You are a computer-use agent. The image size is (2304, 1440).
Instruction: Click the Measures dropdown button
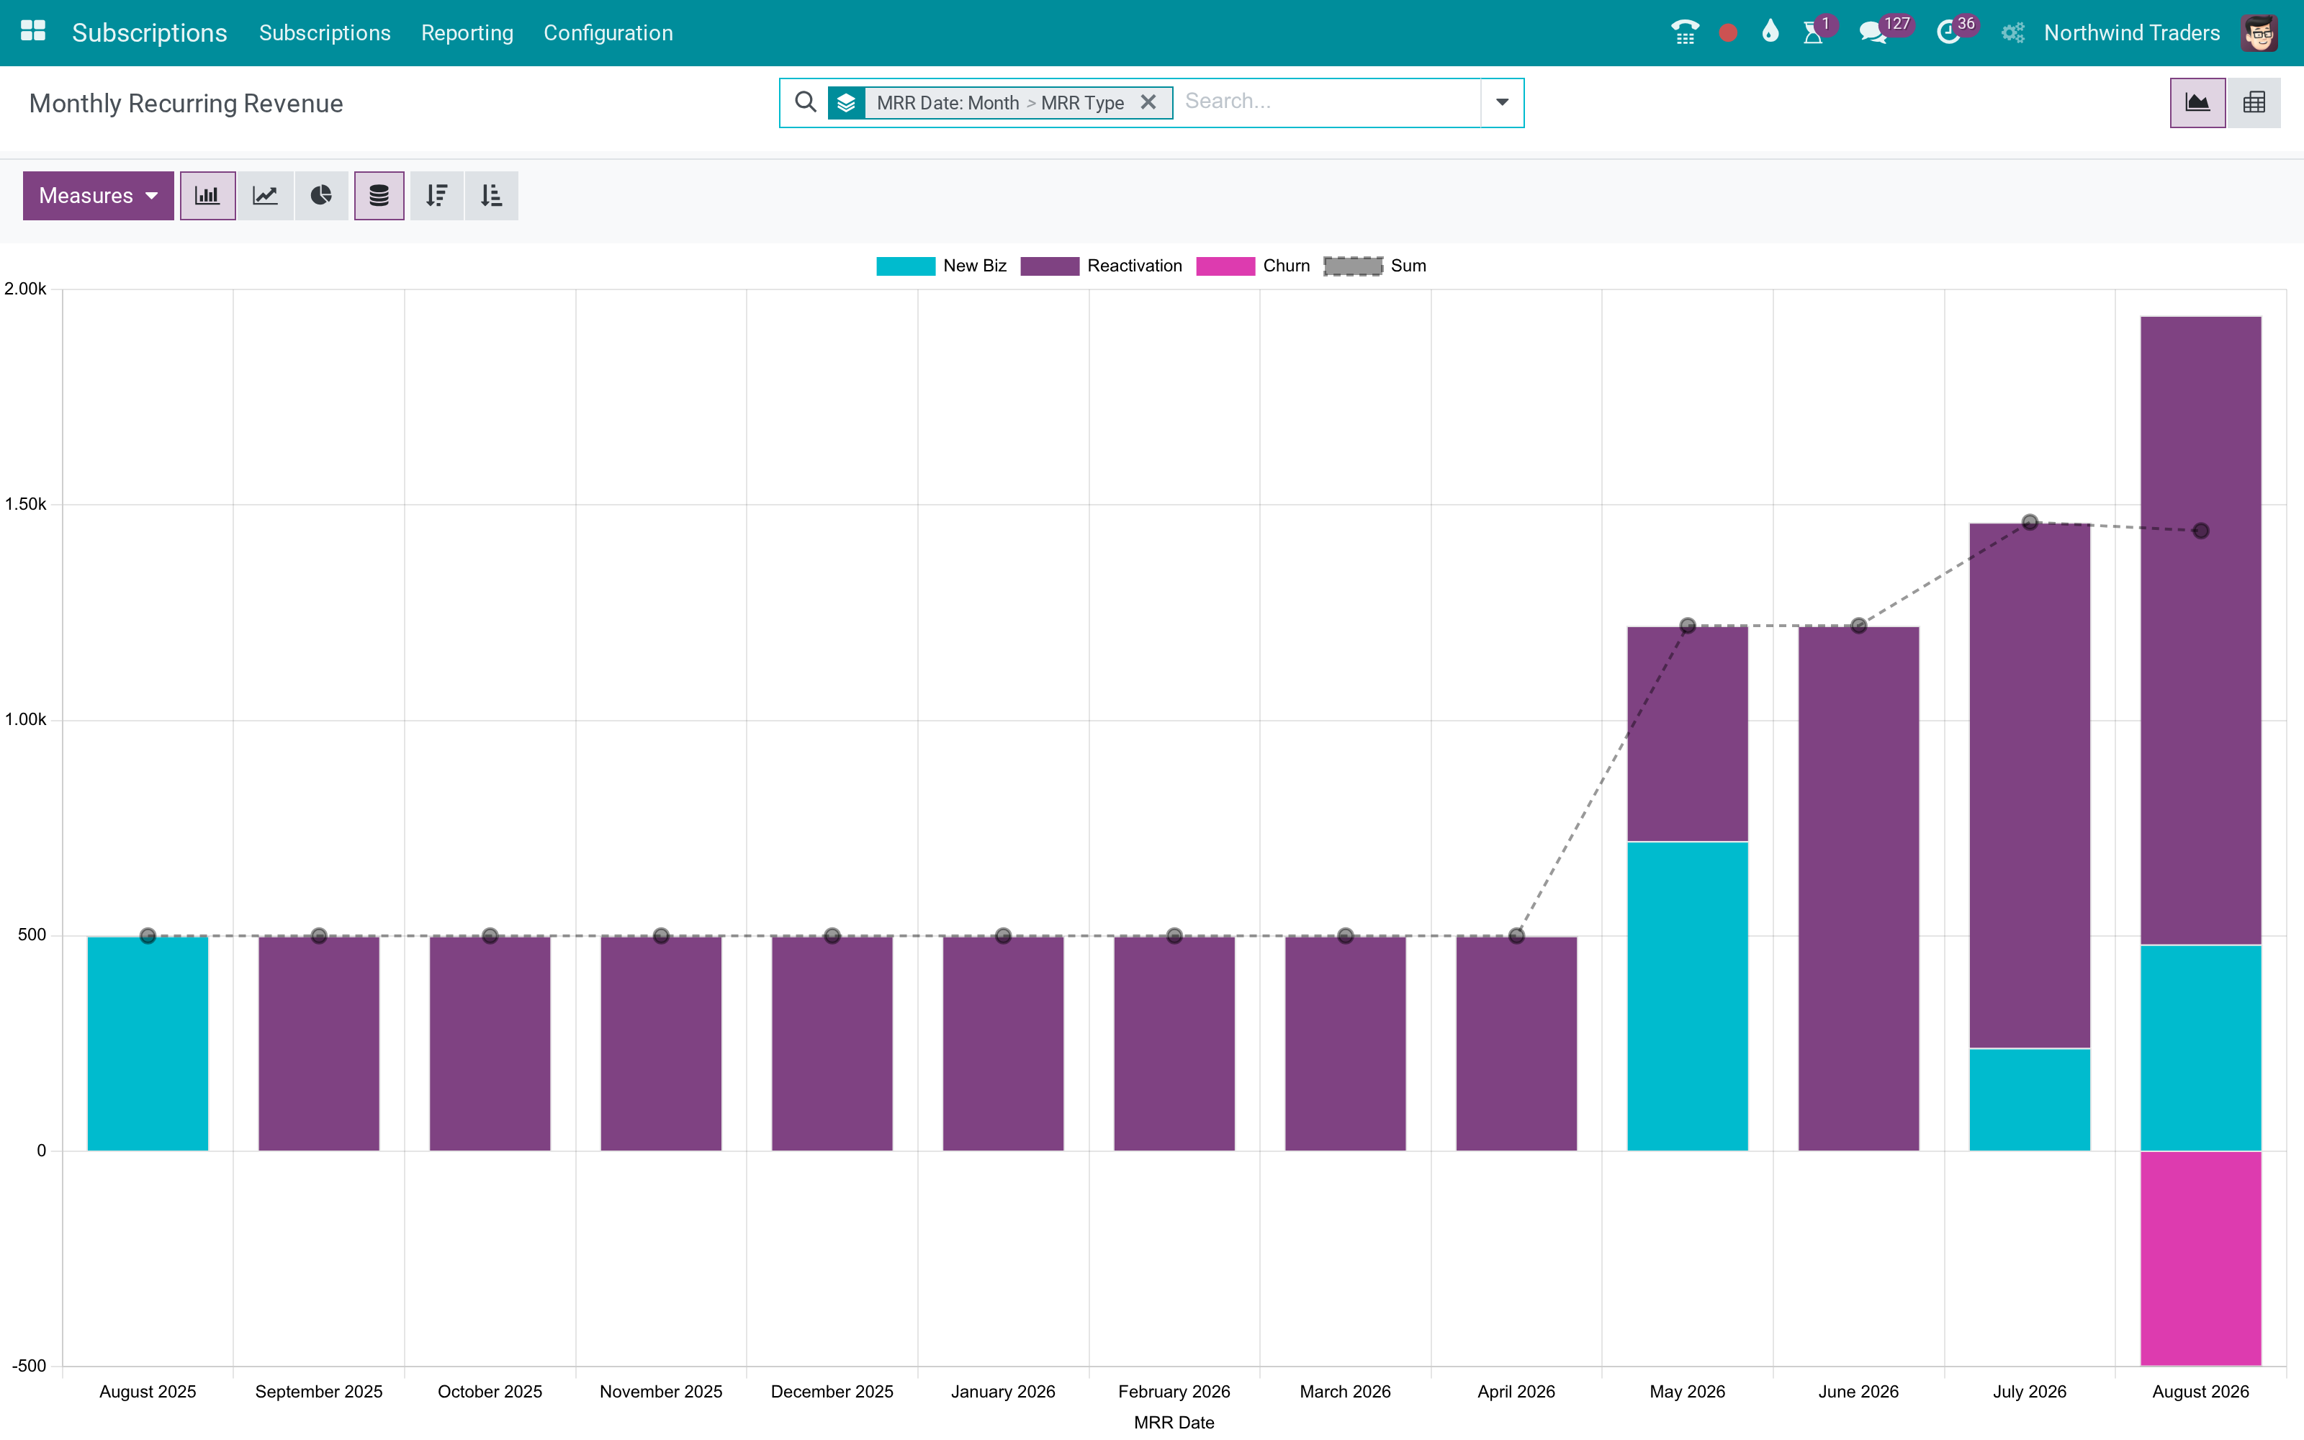98,195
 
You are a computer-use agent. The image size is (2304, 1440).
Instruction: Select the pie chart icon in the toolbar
321,195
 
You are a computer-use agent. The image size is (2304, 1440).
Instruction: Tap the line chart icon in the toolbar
265,195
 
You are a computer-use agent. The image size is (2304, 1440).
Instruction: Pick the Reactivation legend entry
1102,266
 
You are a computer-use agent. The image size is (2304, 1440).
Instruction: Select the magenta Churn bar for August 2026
2200,1258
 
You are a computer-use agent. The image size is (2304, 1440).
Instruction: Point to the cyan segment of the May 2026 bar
1687,996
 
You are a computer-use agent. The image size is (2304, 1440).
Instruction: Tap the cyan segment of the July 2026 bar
2029,1100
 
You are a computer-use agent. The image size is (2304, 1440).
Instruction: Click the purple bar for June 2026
1858,888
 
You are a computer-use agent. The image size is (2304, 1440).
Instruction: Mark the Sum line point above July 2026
2030,522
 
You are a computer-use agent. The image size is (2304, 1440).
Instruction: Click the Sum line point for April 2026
1516,935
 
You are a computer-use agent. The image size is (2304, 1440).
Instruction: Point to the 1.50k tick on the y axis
26,504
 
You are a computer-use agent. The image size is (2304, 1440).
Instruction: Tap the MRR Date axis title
1174,1422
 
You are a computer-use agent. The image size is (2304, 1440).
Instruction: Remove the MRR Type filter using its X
1148,102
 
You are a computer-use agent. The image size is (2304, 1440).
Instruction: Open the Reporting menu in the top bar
467,32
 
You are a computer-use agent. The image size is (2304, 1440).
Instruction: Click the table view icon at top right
2254,103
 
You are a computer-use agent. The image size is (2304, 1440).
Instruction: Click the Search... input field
1328,102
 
